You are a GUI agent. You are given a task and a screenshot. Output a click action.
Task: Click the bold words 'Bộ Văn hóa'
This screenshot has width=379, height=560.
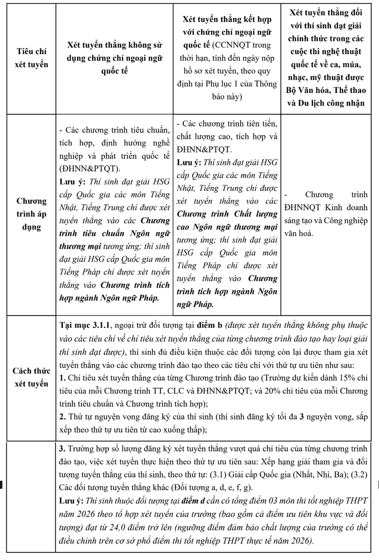pyautogui.click(x=307, y=90)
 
